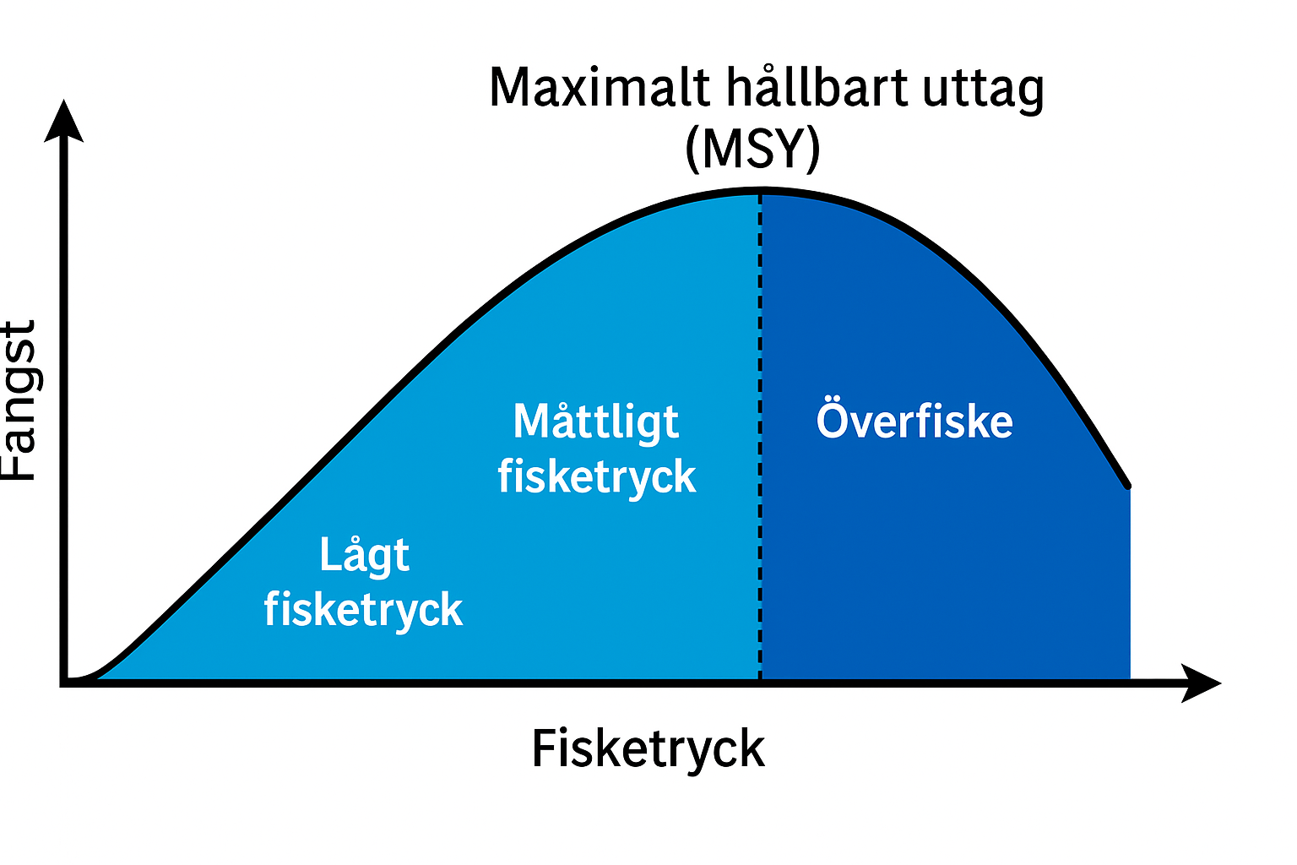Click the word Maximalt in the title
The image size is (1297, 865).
click(600, 87)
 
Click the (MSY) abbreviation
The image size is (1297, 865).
click(752, 149)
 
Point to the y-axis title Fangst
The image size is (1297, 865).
click(20, 400)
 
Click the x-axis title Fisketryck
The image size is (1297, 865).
click(648, 749)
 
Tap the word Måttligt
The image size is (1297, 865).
click(596, 422)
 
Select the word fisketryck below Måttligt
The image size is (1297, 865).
click(596, 477)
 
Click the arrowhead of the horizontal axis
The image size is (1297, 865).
click(1202, 682)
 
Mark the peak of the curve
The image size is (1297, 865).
click(760, 192)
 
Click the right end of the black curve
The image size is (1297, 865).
click(1127, 486)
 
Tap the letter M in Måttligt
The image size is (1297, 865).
click(530, 421)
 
